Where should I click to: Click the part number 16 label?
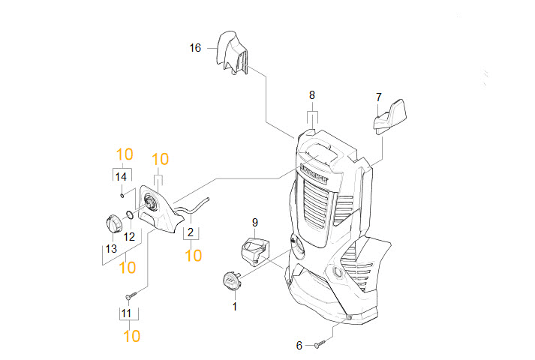tap(196, 48)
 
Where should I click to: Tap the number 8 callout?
tap(312, 95)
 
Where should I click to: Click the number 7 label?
tap(378, 97)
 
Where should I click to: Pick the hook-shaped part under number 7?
tap(389, 116)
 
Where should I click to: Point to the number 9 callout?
tap(255, 223)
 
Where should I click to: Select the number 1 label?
tap(235, 307)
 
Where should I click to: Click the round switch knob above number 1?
tap(232, 281)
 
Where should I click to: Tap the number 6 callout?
tap(299, 346)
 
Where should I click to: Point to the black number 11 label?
tap(126, 313)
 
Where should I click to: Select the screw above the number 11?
tap(131, 295)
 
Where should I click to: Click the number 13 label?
tap(111, 249)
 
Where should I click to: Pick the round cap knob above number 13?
tap(114, 223)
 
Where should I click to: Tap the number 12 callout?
tap(129, 236)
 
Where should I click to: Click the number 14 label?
tap(121, 177)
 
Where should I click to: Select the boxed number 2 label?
tap(191, 232)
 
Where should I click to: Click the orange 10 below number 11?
tap(132, 336)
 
